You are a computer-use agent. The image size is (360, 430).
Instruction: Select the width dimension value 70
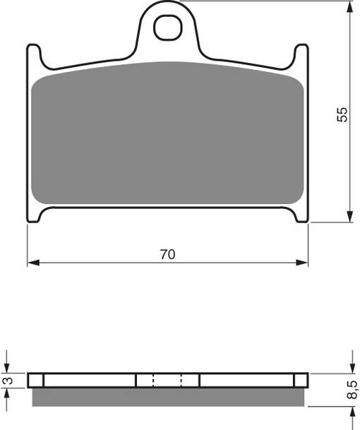pos(167,255)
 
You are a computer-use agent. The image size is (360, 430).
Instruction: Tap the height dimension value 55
pos(342,115)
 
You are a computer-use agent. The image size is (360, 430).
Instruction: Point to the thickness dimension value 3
pos(7,381)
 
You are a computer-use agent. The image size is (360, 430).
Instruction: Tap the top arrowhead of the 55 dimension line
pos(350,6)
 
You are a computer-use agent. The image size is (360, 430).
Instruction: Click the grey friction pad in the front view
pos(167,134)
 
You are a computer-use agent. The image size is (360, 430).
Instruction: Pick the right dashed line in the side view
pos(181,381)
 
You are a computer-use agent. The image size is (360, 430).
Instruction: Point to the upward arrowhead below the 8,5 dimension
pos(350,412)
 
